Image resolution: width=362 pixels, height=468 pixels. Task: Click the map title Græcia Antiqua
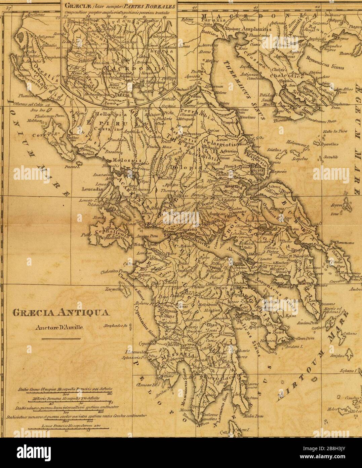[60, 312]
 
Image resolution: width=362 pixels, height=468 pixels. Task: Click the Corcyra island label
[43, 135]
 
